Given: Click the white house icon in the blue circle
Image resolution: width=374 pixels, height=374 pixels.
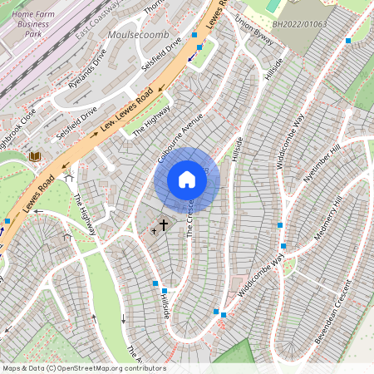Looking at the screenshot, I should click(x=187, y=180).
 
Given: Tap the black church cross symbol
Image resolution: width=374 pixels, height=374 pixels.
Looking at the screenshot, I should click(x=164, y=224).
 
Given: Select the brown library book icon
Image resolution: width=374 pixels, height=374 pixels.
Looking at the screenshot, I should click(x=35, y=156).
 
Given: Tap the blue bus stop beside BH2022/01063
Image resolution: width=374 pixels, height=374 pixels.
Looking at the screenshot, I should click(x=348, y=40).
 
